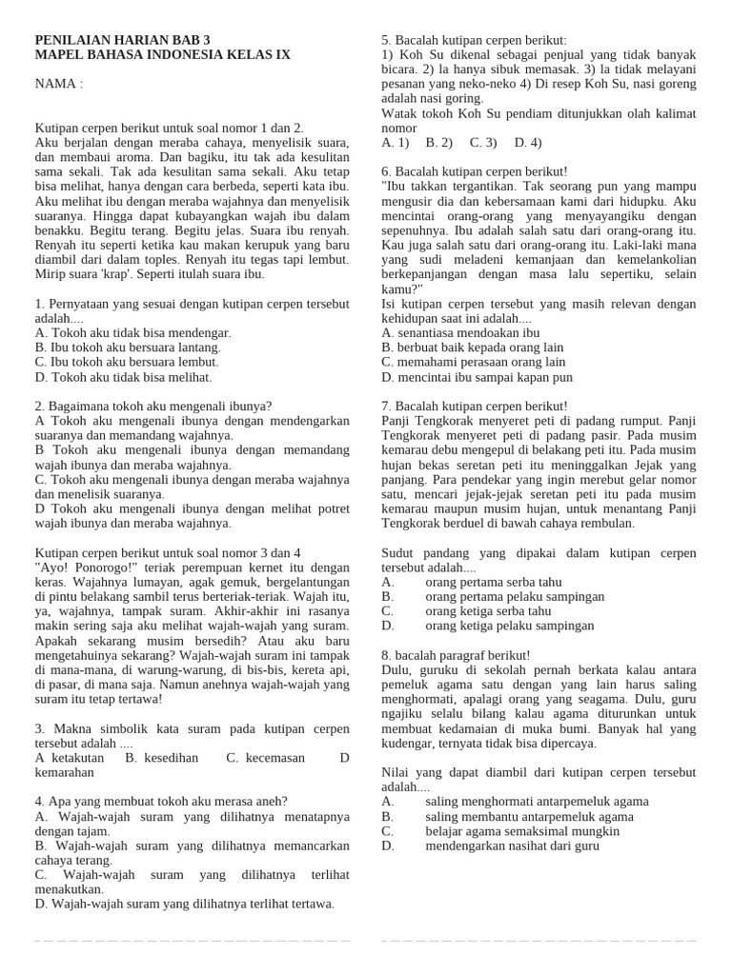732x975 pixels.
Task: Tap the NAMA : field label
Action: (x=59, y=84)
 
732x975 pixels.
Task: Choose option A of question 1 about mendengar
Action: (x=133, y=332)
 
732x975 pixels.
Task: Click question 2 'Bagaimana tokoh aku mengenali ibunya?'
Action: (x=153, y=406)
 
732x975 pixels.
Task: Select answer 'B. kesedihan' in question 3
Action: (x=162, y=758)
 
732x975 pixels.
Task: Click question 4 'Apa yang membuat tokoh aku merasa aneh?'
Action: (x=161, y=801)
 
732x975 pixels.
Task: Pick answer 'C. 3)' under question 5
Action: (x=483, y=142)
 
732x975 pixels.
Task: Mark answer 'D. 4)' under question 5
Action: (x=528, y=142)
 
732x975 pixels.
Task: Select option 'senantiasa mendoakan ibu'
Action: (x=460, y=332)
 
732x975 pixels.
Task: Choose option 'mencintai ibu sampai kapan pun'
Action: (x=478, y=377)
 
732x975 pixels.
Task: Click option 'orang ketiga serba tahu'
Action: (x=488, y=610)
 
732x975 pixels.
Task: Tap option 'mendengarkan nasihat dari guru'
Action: (x=513, y=845)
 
